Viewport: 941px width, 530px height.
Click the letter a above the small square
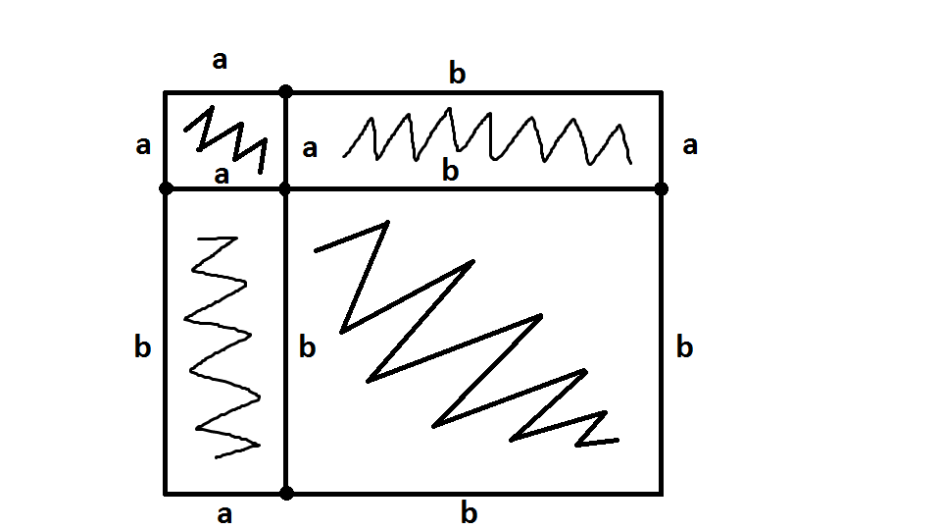click(x=220, y=61)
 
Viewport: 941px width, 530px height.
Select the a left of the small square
click(x=143, y=146)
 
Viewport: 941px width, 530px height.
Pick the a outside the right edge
click(x=690, y=146)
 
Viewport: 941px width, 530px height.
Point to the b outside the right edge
click(x=685, y=346)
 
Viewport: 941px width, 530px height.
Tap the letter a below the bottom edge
click(x=224, y=514)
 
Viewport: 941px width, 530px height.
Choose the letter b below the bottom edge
click(x=470, y=512)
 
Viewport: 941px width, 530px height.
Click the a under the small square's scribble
click(x=222, y=176)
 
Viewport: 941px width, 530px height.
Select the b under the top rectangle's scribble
click(x=450, y=171)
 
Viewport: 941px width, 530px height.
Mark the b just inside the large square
click(x=307, y=346)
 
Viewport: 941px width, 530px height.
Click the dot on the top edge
click(x=285, y=92)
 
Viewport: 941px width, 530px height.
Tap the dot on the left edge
click(x=166, y=187)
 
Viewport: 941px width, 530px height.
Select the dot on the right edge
click(x=661, y=187)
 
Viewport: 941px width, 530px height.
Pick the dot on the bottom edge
click(x=286, y=493)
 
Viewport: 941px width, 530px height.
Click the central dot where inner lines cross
click(x=285, y=187)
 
